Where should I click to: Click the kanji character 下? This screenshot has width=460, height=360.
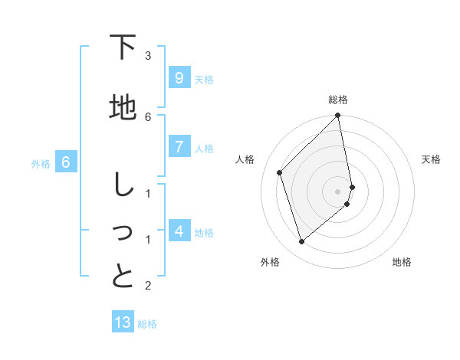123,48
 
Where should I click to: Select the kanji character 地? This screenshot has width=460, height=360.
123,108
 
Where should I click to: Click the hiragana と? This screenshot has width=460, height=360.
123,276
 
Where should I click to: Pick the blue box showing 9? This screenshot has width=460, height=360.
179,78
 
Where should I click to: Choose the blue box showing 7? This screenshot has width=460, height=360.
179,146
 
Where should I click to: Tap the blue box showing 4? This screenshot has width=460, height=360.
179,231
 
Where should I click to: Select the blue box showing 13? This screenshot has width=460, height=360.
123,322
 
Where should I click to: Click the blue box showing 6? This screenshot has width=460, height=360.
66,162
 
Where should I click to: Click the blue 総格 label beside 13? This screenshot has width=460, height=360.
147,324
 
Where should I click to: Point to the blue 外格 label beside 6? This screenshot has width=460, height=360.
41,163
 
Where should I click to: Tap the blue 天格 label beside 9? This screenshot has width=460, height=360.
204,79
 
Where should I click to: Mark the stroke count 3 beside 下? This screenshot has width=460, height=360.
148,55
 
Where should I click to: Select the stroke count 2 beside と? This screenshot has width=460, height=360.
148,286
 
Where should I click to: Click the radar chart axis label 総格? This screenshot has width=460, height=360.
338,100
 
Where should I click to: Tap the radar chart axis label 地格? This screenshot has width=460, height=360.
402,262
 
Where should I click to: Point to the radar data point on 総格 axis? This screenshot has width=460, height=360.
338,116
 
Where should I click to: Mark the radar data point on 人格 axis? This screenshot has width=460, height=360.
280,172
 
